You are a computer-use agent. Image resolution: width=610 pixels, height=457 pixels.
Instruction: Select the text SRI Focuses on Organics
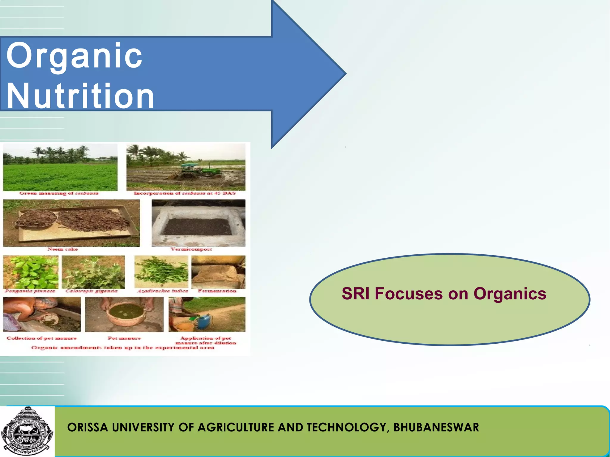444,294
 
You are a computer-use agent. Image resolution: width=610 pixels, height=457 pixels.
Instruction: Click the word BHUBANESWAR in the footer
436,427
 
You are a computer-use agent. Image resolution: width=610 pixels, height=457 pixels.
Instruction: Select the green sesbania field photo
60,168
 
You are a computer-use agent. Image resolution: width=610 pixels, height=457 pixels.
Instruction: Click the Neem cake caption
63,249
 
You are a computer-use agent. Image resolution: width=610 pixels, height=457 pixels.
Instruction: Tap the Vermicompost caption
191,249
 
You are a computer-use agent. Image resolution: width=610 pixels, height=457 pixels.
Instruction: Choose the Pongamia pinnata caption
30,291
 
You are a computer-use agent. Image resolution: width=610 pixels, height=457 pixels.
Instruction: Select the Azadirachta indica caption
162,291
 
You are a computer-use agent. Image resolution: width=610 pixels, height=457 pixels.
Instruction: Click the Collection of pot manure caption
42,338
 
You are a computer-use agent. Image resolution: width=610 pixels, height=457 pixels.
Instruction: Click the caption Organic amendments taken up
123,348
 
